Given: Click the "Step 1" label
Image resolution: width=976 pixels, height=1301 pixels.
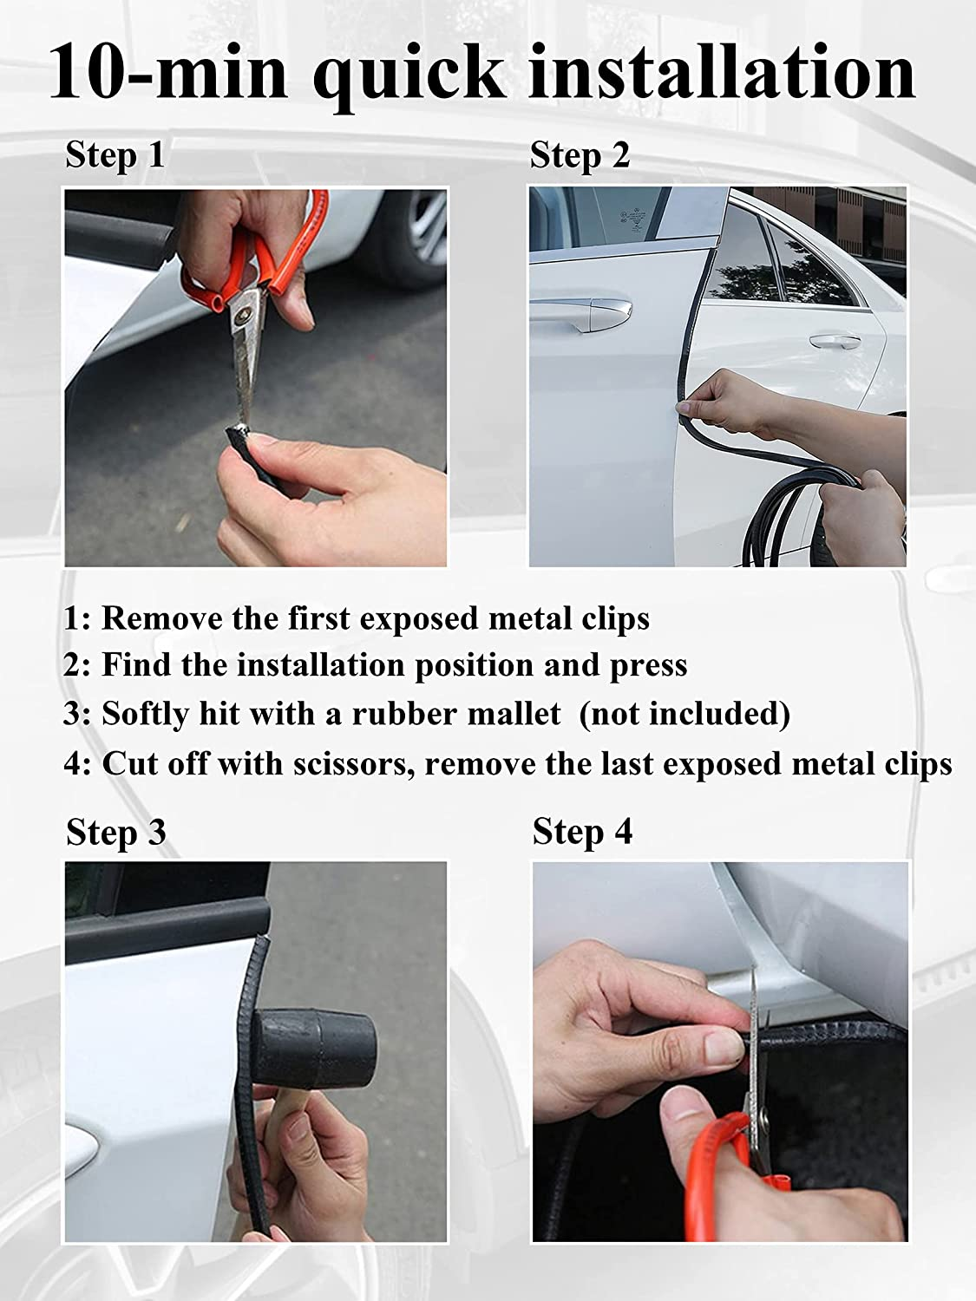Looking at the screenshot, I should (115, 156).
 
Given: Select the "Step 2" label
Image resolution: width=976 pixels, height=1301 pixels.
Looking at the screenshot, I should (580, 156).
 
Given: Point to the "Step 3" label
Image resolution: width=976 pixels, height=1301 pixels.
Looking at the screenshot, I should (115, 833).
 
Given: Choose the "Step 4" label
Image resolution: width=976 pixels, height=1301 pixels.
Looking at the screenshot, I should (582, 831).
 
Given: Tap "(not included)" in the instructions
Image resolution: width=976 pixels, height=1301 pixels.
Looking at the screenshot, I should (685, 715).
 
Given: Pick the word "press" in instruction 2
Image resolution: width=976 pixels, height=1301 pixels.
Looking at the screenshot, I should (647, 666).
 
